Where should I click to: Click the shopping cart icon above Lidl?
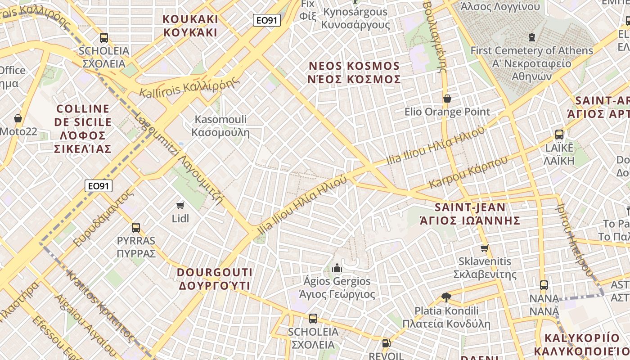180,206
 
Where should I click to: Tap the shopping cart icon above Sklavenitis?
485,248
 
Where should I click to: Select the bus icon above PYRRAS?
136,228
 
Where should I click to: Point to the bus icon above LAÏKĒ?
559,135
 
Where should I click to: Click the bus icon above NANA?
544,285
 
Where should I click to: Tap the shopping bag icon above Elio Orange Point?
447,99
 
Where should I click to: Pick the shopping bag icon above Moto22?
18,118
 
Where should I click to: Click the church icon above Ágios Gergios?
337,268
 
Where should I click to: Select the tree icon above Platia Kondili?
446,297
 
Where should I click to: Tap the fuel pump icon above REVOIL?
386,343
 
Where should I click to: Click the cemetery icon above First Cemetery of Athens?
532,37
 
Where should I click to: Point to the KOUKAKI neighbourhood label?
190,26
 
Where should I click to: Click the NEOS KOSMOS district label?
354,72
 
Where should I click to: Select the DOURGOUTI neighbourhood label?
215,279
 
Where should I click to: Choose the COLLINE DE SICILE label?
83,128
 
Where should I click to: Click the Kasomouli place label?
220,126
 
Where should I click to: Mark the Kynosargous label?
355,18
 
